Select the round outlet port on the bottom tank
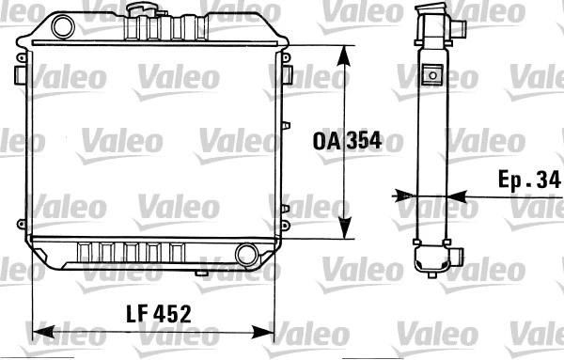pyautogui.click(x=247, y=254)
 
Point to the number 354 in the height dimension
pyautogui.click(x=363, y=141)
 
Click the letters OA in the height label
pyautogui.click(x=326, y=141)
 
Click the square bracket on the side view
pyautogui.click(x=433, y=74)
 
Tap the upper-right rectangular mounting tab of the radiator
pyautogui.click(x=288, y=72)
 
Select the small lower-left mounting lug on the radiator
pyautogui.click(x=21, y=224)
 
